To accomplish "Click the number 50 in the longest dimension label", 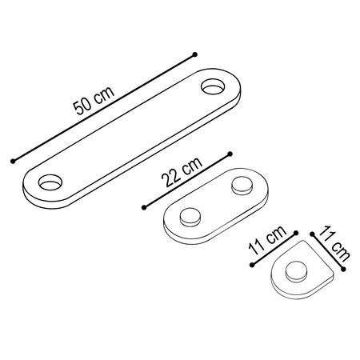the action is point(82,106).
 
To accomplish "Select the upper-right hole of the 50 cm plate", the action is point(213,86).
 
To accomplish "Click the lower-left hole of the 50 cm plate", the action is point(50,182).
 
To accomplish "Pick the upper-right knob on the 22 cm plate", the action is point(242,186).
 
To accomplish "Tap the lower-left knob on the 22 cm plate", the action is point(190,217).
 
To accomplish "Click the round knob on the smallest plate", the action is point(296,271).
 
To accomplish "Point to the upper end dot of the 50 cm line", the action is point(195,54).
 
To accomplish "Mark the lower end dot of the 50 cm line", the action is point(13,161).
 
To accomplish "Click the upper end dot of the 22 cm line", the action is point(230,154).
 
